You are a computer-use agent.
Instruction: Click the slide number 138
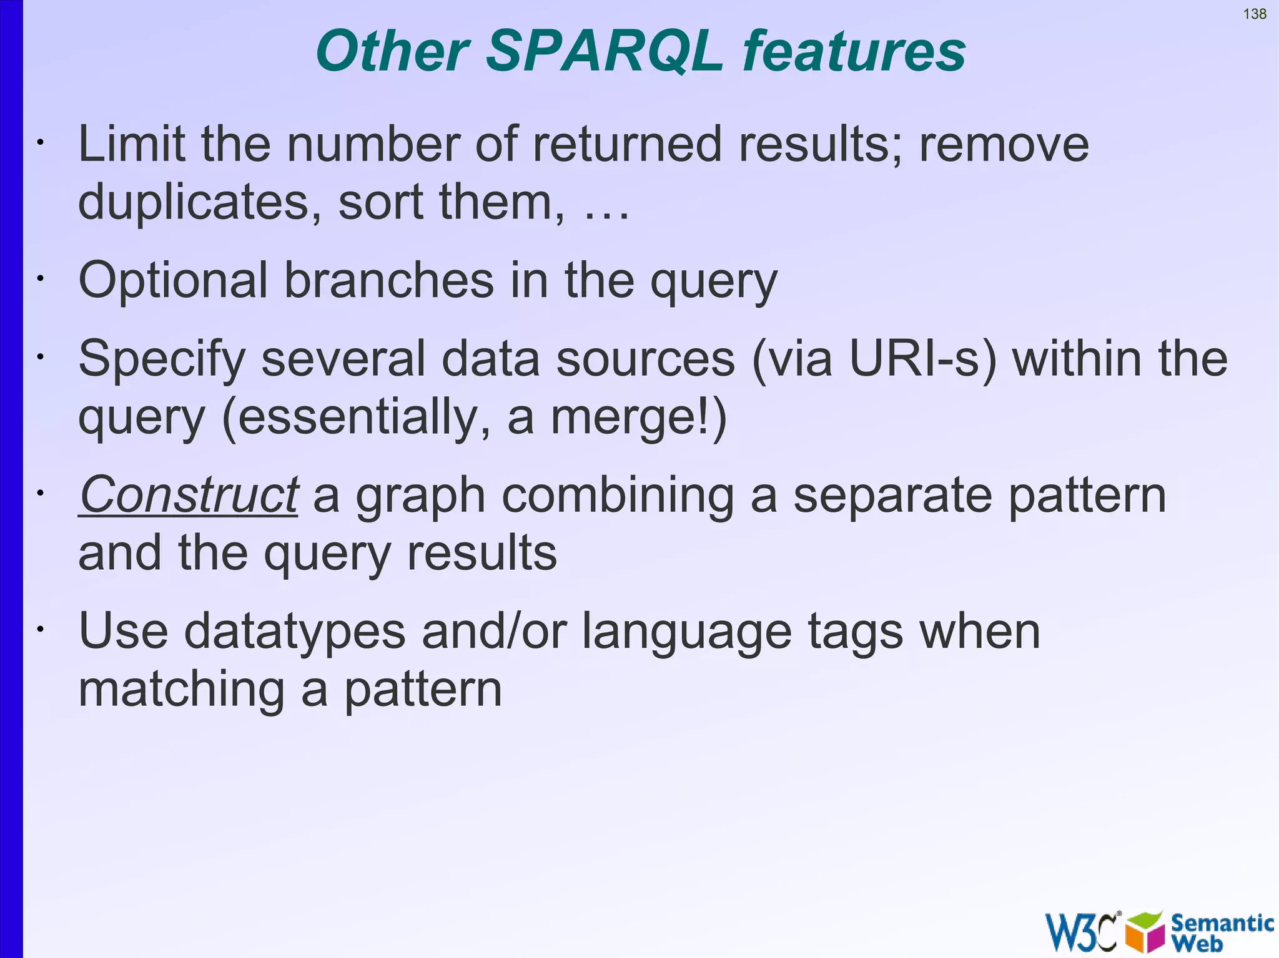pos(1254,14)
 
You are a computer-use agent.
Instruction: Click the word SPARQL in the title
pos(605,51)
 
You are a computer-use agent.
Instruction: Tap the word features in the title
pos(854,51)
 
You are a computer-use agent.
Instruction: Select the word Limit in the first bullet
pos(131,144)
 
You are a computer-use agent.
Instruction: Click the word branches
pos(389,281)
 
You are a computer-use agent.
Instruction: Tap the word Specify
pos(162,360)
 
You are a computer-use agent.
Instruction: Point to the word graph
pos(420,497)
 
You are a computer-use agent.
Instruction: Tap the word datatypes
pos(295,632)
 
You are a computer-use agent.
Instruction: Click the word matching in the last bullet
pos(181,690)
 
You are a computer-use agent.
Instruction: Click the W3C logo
pos(1081,932)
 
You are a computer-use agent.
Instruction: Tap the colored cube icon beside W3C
pos(1144,932)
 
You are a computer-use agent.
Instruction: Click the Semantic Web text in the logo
pos(1221,932)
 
